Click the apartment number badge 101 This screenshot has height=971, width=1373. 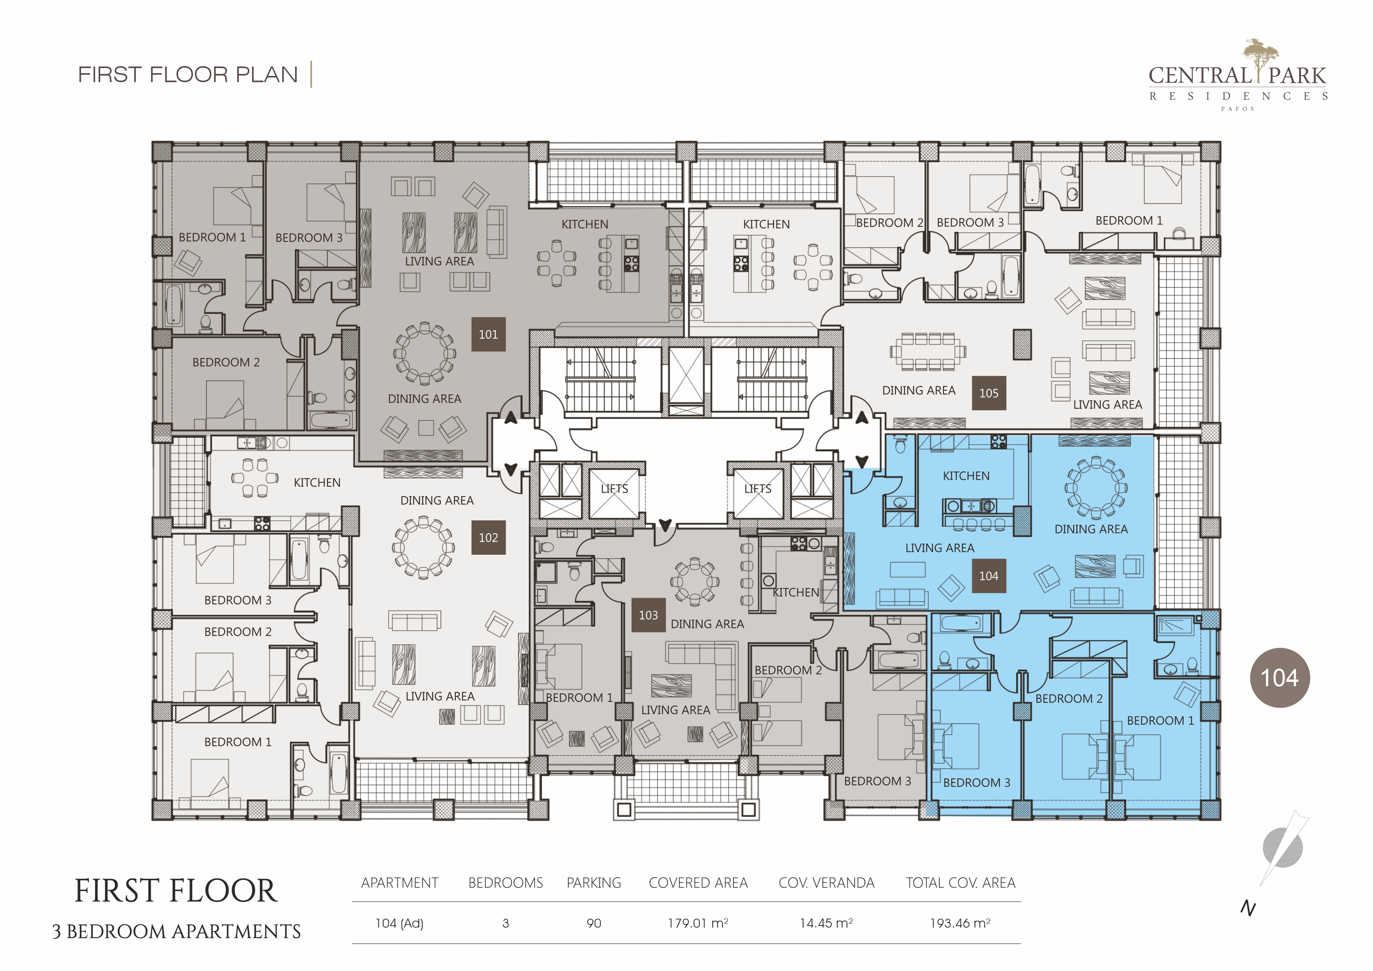click(x=488, y=334)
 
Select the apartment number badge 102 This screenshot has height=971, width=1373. click(x=488, y=538)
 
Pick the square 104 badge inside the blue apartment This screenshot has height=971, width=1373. click(x=989, y=576)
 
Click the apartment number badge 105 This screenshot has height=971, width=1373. click(x=989, y=393)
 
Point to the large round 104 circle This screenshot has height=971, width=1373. click(x=1280, y=678)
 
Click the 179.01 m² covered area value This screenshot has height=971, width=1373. click(x=698, y=923)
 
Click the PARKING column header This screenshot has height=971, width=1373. click(x=594, y=883)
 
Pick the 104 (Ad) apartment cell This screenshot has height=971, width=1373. click(x=400, y=923)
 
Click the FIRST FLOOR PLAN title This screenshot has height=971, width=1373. click(x=188, y=75)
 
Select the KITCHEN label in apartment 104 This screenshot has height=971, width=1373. click(x=966, y=476)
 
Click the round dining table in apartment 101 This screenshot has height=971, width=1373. click(x=425, y=353)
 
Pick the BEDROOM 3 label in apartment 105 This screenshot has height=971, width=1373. click(x=970, y=223)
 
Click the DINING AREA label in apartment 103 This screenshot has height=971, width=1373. click(x=707, y=624)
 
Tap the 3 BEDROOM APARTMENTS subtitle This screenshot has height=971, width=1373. click(x=177, y=931)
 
